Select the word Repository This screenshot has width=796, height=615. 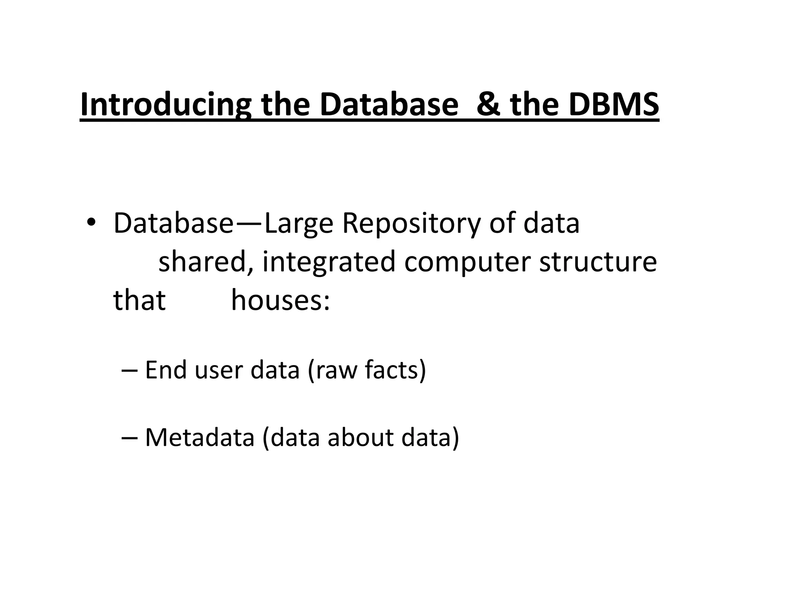point(411,224)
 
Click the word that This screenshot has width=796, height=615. point(139,300)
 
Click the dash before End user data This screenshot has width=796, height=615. point(129,370)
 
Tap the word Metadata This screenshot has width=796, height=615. point(199,437)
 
